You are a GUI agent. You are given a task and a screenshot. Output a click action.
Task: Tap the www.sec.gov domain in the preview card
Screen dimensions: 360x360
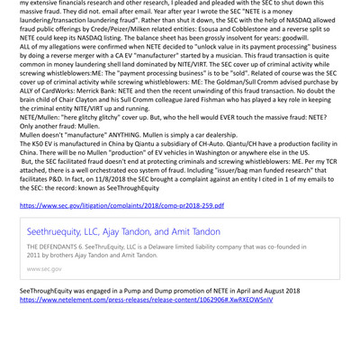(45, 268)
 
